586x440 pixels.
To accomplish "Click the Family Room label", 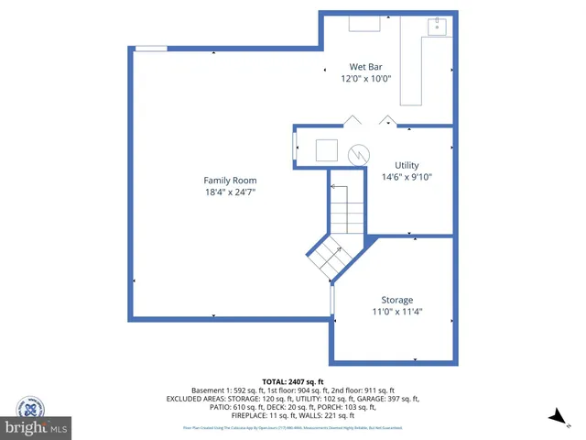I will [230, 181].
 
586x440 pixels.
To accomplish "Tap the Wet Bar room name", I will [365, 66].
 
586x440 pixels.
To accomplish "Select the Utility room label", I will [406, 165].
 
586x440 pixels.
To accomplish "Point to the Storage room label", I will [396, 300].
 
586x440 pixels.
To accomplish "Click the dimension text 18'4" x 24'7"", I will [229, 192].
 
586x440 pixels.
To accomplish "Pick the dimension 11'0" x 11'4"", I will [396, 312].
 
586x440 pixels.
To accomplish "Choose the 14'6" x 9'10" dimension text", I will [406, 177].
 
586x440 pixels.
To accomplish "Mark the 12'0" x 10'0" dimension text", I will [365, 78].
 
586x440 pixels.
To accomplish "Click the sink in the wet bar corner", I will [438, 27].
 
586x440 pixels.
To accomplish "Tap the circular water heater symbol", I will [363, 152].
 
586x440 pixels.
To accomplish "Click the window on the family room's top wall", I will [150, 49].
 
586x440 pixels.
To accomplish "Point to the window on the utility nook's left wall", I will [294, 148].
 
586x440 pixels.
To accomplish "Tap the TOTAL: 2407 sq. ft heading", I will [293, 380].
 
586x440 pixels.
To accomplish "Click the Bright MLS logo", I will [36, 427].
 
